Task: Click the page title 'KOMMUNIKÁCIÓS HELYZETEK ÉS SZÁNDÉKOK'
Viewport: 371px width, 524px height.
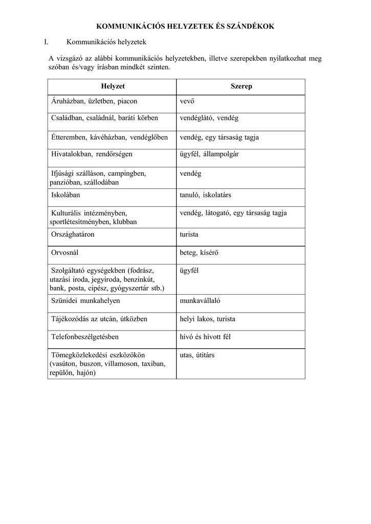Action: [x=185, y=26]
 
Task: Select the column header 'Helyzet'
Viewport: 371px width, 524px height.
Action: [x=113, y=86]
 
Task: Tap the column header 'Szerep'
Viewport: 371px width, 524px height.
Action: [x=242, y=86]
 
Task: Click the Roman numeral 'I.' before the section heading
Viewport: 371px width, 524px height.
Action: [x=46, y=42]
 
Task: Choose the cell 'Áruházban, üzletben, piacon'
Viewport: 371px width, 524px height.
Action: [x=95, y=101]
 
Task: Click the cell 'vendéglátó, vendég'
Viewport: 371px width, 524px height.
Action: [x=209, y=118]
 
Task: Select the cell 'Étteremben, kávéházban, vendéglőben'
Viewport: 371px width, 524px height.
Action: [x=110, y=137]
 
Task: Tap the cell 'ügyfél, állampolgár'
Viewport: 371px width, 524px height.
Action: [x=209, y=154]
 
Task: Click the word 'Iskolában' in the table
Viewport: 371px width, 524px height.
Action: [x=66, y=195]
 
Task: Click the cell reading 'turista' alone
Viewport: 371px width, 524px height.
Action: [x=189, y=234]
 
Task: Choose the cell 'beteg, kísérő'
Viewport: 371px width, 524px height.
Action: [x=198, y=252]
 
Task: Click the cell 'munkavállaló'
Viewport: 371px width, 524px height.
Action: [x=200, y=301]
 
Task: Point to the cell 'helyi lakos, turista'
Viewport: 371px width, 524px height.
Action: [x=207, y=319]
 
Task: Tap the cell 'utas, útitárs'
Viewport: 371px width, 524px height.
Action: [x=197, y=355]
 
